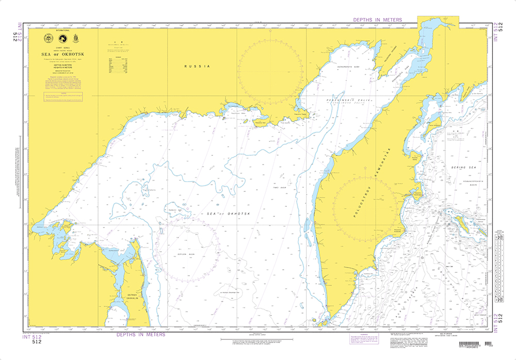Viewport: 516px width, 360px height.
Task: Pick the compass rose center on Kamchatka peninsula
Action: point(364,202)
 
